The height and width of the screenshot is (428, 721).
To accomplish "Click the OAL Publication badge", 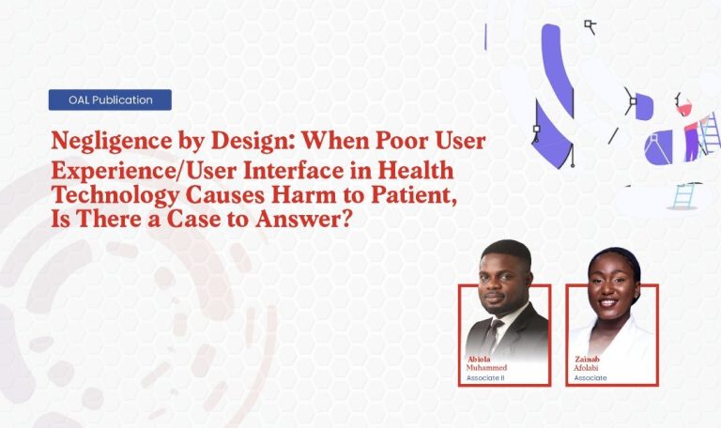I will pyautogui.click(x=110, y=99).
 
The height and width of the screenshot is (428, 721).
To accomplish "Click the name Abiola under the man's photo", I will pyautogui.click(x=479, y=359).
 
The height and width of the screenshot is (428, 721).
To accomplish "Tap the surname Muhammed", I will pyautogui.click(x=487, y=368).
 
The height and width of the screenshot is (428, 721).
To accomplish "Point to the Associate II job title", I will pyautogui.click(x=485, y=377).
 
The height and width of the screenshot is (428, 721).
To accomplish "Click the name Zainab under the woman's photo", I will pyautogui.click(x=588, y=359).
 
